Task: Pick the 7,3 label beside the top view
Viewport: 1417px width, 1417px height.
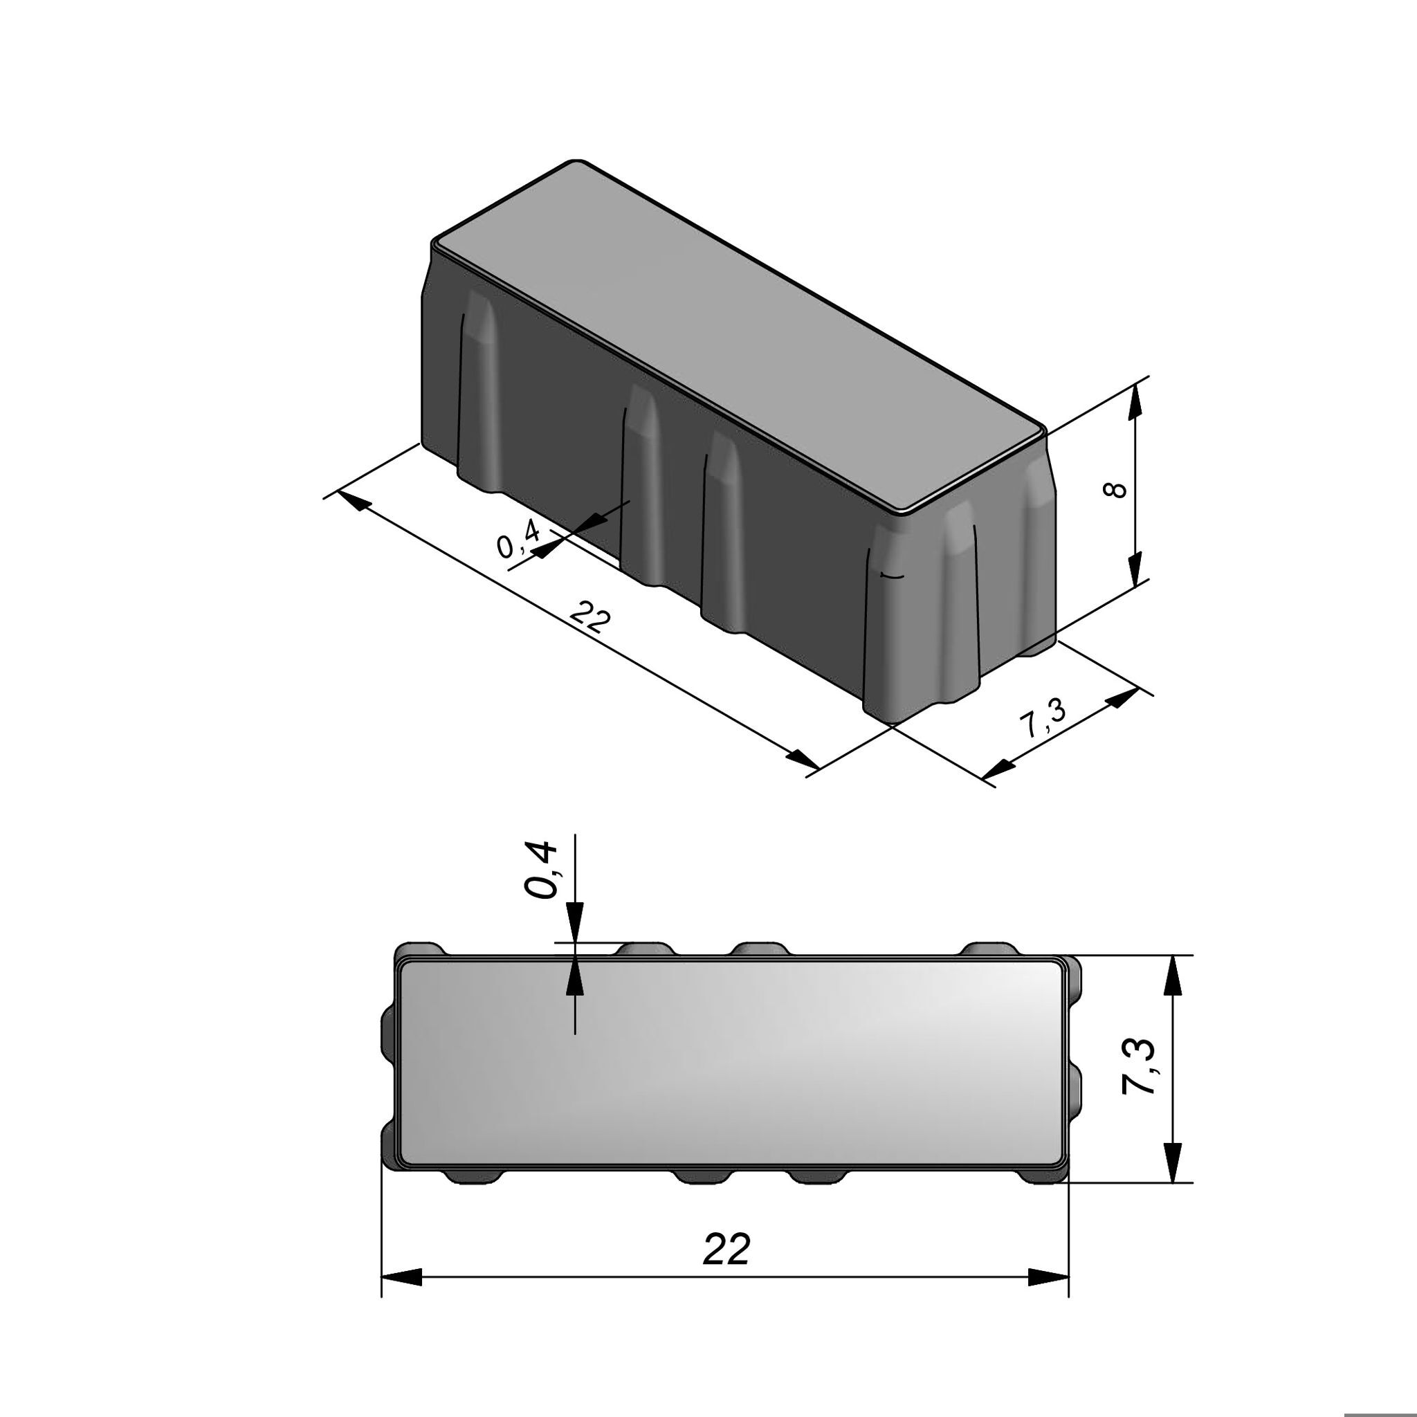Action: click(x=1140, y=1076)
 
